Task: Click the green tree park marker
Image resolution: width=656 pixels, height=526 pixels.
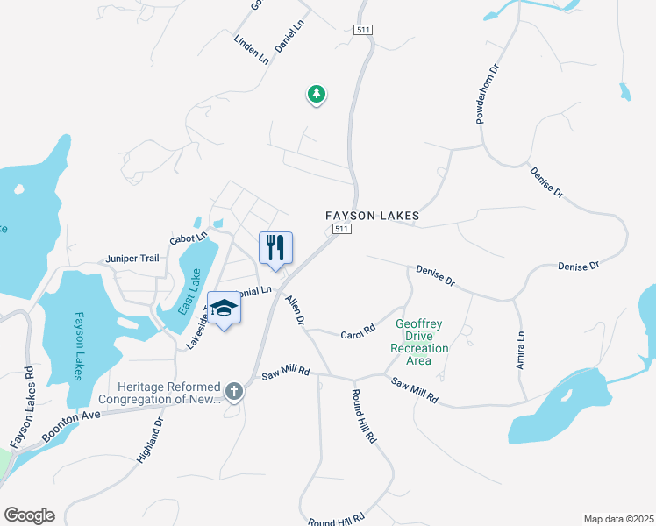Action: [316, 94]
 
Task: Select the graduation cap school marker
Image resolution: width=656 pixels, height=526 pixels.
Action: [225, 308]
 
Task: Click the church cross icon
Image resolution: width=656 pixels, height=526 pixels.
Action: [234, 390]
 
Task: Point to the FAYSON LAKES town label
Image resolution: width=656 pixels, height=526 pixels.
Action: [373, 215]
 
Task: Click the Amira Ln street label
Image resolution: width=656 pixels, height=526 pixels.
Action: [521, 349]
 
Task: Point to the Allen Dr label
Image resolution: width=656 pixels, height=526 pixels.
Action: [294, 311]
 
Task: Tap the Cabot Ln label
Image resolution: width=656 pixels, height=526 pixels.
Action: [189, 238]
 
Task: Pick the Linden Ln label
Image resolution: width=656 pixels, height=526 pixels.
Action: [252, 49]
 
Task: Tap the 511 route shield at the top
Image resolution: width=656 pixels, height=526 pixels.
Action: [364, 30]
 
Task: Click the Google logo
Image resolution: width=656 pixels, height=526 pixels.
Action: [29, 515]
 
